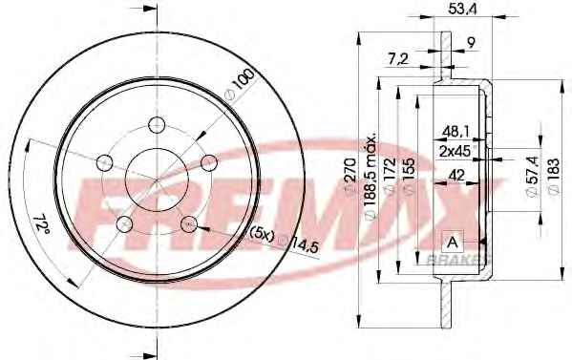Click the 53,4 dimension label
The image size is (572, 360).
coord(462,9)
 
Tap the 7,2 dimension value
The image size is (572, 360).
coord(397,58)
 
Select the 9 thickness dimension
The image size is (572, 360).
coord(471,43)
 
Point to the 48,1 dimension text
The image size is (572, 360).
coord(455,132)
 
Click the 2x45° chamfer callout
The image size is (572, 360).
coord(457,151)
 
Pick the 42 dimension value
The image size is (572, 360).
coord(456,176)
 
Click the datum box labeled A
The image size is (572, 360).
coord(453,241)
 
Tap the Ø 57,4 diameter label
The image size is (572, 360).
coord(533,177)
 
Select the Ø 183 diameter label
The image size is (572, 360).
coord(553,177)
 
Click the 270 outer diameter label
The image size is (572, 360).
coord(350,174)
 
